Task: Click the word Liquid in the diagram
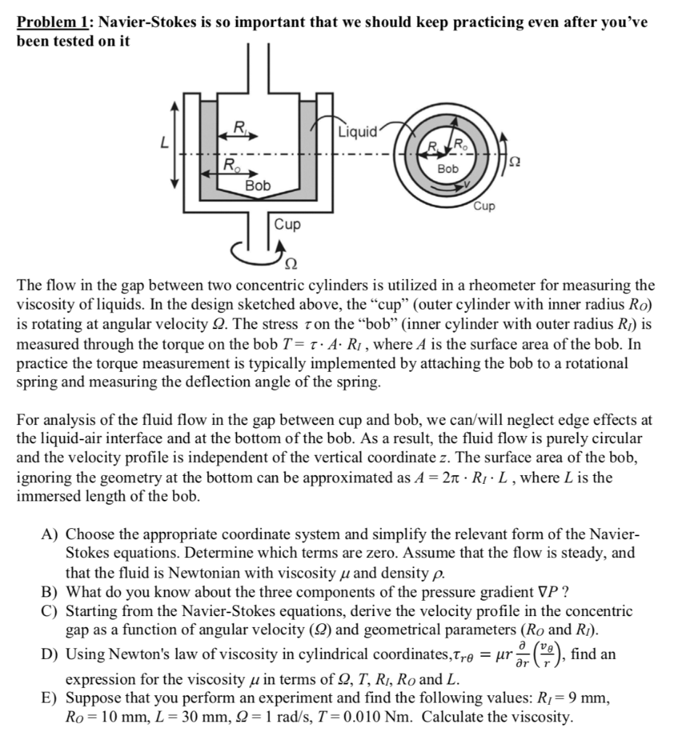(x=358, y=132)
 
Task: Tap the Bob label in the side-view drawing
(x=257, y=185)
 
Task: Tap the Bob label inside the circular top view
(x=448, y=168)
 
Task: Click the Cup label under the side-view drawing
(x=288, y=224)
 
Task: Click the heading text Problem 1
(x=53, y=23)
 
